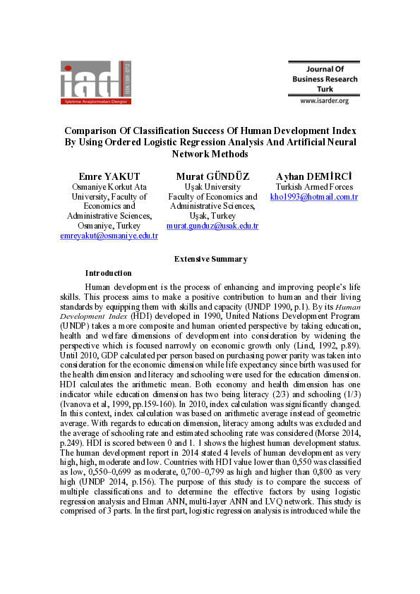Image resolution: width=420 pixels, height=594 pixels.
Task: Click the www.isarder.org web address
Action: [x=324, y=101]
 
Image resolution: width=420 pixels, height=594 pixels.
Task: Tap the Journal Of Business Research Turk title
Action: [x=324, y=79]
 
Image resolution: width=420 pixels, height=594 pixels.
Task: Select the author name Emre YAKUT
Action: [x=109, y=176]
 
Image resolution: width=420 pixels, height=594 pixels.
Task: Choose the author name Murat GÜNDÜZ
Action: [x=212, y=176]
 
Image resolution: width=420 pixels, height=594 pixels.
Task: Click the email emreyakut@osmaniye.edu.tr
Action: [x=109, y=236]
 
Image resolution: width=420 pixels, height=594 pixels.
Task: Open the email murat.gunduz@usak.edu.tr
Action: [x=212, y=226]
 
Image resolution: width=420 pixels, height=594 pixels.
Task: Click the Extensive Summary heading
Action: [x=210, y=259]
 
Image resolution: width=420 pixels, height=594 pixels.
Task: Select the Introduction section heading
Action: [x=108, y=273]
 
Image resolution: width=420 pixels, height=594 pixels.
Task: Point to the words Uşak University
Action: [x=212, y=187]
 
